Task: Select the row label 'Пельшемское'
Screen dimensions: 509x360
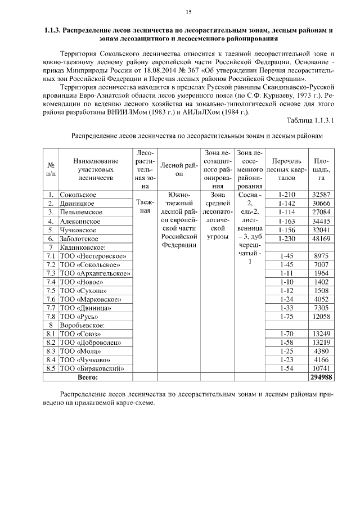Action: point(81,212)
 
